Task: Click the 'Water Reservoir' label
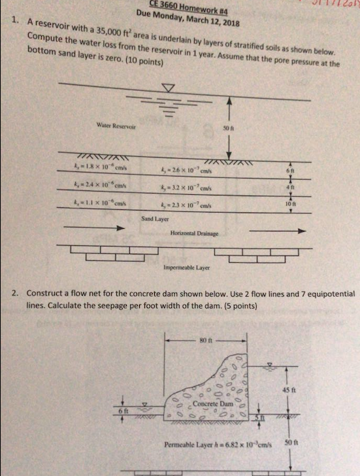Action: pos(111,124)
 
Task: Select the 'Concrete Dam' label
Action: pos(207,403)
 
